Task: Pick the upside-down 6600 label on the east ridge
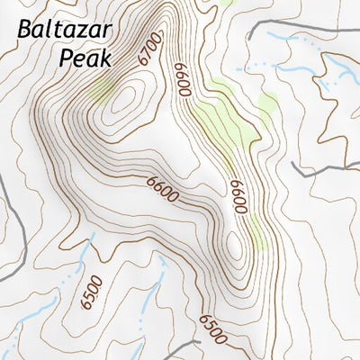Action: click(238, 195)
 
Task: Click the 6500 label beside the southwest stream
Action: click(91, 293)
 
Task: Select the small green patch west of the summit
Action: click(102, 88)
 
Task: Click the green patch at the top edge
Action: click(225, 4)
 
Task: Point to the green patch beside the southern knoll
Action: click(258, 232)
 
